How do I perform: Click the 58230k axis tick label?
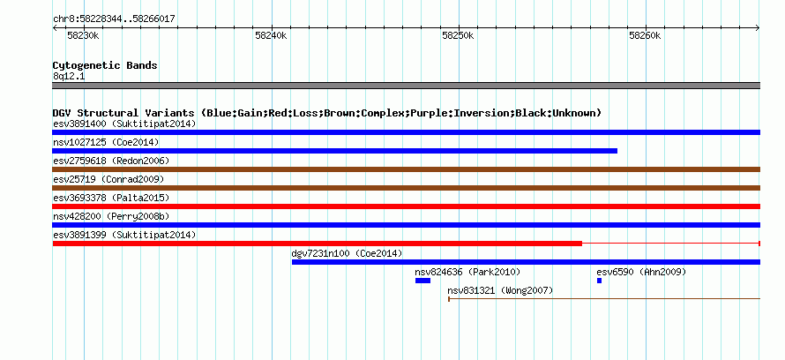tap(83, 35)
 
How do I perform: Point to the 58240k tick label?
tap(271, 35)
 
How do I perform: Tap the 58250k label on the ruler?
tap(458, 35)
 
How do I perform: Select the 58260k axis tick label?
tap(646, 35)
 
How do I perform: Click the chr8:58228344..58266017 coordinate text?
tap(114, 19)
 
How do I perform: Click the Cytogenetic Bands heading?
tap(105, 65)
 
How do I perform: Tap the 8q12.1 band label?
tap(70, 76)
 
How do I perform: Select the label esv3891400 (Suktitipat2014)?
tap(124, 124)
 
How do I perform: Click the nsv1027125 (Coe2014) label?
tap(106, 142)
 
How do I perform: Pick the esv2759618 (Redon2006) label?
tap(111, 161)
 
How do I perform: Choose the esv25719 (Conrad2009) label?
tap(108, 179)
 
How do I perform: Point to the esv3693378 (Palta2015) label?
tap(111, 198)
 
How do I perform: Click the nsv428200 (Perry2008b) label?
tap(111, 216)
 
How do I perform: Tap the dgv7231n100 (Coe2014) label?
tap(347, 253)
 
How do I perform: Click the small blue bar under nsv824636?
tap(422, 281)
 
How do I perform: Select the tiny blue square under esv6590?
tap(599, 281)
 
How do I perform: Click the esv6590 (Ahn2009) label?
tap(641, 272)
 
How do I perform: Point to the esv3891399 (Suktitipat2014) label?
tap(124, 235)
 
